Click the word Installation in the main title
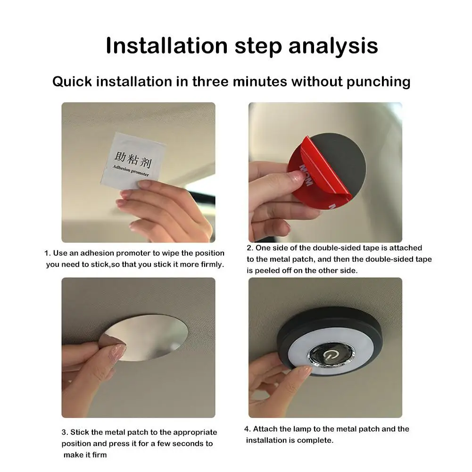(x=166, y=46)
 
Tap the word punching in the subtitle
(x=378, y=82)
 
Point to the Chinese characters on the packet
(x=132, y=159)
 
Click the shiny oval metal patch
(x=144, y=338)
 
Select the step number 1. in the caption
(x=48, y=253)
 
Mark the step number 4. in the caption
(x=248, y=429)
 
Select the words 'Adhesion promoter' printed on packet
(x=131, y=170)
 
